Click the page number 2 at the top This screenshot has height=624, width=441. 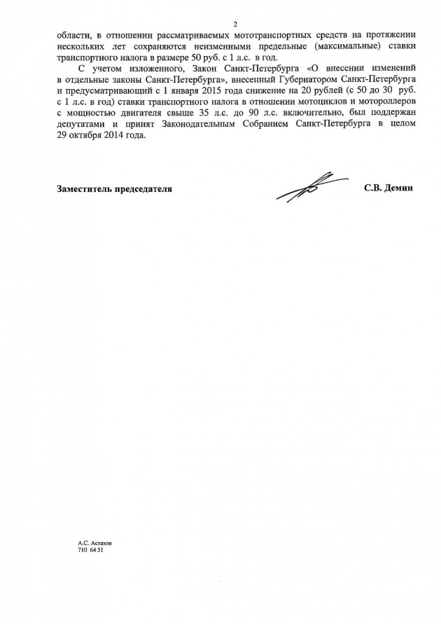coord(236,25)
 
